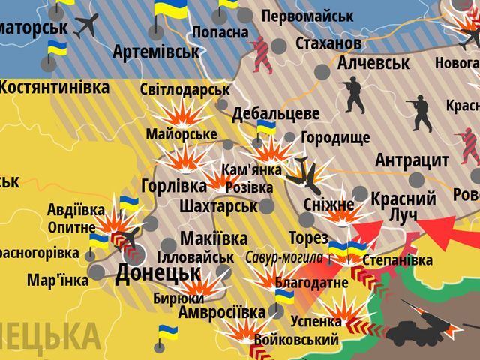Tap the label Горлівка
[x=173, y=186]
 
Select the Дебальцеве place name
[x=275, y=114]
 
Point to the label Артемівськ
[x=156, y=52]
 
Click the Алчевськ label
[x=373, y=63]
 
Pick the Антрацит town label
[x=412, y=160]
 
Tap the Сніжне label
[x=329, y=205]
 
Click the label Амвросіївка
[x=220, y=310]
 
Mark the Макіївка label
[x=214, y=238]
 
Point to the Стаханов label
[x=328, y=43]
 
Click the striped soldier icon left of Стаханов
[x=262, y=54]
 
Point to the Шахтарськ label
[x=218, y=205]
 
